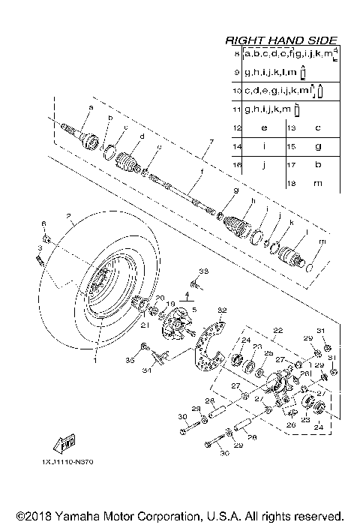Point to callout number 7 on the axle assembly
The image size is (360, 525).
pos(212,142)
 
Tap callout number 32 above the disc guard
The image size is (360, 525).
pos(221,310)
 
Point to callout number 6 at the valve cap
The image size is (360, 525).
pos(43,224)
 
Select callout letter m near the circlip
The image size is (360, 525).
pos(322,241)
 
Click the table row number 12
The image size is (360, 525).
pos(237,127)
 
